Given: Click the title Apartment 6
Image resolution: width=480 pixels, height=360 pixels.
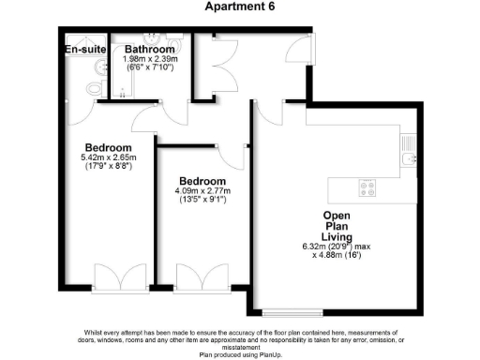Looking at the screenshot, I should point(239,7).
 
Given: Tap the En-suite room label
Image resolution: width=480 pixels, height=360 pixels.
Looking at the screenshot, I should point(83,50).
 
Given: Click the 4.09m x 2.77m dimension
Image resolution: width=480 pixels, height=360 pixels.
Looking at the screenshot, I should point(202,191).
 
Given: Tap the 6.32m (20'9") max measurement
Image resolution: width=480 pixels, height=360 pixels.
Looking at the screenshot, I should point(341,247).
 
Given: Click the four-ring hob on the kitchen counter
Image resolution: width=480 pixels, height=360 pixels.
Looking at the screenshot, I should point(369,187).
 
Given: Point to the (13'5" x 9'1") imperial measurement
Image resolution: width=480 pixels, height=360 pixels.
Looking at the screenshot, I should point(202,201).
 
